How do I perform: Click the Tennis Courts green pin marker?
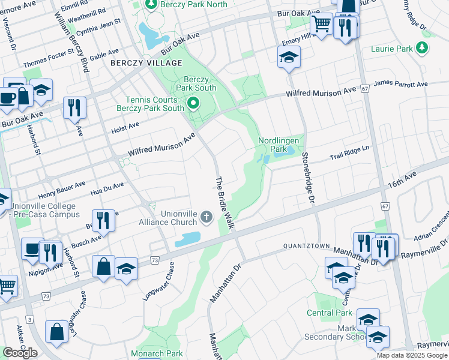tap(193, 104)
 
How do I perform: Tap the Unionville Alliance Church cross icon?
tap(207, 217)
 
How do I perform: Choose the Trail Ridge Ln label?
tap(352, 155)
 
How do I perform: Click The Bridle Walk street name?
tap(224, 203)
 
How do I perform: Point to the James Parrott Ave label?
tap(400, 85)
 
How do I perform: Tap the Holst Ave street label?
tap(125, 127)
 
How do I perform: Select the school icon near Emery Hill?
tap(289, 58)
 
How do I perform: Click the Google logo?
tap(20, 352)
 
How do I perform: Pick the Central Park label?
tap(329, 313)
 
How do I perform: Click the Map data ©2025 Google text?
tap(411, 355)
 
